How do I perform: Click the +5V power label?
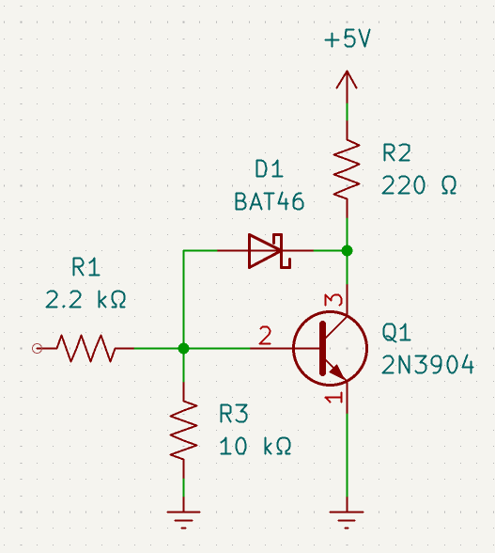point(348,39)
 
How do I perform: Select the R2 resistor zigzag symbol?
point(347,168)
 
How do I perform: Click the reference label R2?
point(396,153)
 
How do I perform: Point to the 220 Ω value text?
point(419,185)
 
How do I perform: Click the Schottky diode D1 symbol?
point(270,251)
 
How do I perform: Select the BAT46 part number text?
point(270,201)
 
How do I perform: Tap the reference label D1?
point(269,168)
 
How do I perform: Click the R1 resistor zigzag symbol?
point(86,348)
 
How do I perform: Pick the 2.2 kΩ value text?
point(85,300)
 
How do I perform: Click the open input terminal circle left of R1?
point(37,348)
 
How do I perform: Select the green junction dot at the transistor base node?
point(183,348)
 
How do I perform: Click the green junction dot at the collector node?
point(347,251)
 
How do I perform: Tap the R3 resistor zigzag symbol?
point(183,430)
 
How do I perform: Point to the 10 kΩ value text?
point(255,446)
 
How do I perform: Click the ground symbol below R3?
point(183,519)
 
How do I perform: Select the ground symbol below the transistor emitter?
point(347,519)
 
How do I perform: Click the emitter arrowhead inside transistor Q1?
point(337,370)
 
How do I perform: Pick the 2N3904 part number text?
point(427,365)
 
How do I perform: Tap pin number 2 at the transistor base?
point(265,336)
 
